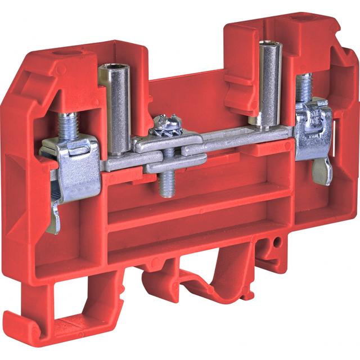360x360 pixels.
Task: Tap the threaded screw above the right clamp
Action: pyautogui.click(x=304, y=87)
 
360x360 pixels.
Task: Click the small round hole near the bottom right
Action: pyautogui.click(x=277, y=242)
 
